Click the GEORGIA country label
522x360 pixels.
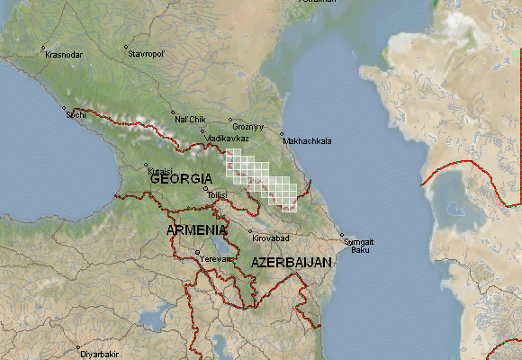[181, 179]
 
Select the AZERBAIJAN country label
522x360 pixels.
[292, 262]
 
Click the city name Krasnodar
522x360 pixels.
[64, 55]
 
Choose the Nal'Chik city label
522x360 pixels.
[191, 119]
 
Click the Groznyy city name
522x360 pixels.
[247, 127]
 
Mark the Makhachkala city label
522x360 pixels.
[307, 141]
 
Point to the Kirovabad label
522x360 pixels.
[271, 238]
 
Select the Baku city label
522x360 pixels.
[360, 249]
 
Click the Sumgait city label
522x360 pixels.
[359, 241]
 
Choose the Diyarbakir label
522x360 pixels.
[100, 355]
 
